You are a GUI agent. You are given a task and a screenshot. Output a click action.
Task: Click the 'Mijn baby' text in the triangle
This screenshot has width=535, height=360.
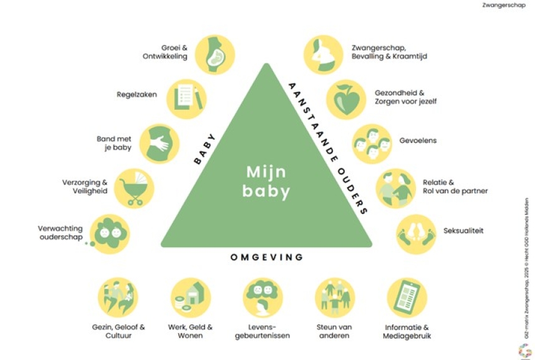coord(266,182)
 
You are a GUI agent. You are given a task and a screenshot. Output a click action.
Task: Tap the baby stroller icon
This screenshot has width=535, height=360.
coord(133,188)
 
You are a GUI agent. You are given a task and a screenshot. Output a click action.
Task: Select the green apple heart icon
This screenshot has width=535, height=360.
coord(346,100)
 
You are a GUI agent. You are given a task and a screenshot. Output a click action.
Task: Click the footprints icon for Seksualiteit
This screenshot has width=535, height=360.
coord(416,234)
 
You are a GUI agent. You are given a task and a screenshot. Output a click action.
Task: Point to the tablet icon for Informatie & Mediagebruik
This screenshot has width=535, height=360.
coord(407,298)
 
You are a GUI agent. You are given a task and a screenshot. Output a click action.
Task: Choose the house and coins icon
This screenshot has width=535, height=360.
coord(191,298)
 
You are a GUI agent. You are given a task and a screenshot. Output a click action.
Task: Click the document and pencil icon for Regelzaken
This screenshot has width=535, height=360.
coord(186,99)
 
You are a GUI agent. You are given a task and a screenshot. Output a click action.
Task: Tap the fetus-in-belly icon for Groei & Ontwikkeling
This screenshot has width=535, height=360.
coord(215,55)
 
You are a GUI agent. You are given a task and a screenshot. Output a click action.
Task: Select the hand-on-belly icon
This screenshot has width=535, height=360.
coord(160,144)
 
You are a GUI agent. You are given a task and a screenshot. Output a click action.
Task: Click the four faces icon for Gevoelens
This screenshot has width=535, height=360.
coord(372,144)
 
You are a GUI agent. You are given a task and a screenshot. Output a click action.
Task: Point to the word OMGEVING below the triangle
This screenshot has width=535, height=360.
coord(266,257)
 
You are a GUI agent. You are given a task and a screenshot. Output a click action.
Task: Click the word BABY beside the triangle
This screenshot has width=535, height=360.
coord(205,149)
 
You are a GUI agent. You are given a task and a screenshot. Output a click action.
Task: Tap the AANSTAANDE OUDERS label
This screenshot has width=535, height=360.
coord(328,148)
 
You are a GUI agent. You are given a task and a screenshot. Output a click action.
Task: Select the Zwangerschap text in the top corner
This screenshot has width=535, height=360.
coord(504,5)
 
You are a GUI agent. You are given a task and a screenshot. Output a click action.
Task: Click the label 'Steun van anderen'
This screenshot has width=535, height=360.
coord(334,331)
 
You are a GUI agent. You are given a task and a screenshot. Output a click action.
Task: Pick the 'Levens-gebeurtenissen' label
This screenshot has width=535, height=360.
coord(263,331)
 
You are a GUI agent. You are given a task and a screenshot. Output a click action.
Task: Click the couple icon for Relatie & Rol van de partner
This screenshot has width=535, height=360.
coord(396,188)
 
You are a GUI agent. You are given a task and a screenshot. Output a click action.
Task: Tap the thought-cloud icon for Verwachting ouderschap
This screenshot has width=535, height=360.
coord(109,234)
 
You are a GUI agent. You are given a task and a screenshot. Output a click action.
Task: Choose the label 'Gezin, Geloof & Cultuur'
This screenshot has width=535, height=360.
coord(118,331)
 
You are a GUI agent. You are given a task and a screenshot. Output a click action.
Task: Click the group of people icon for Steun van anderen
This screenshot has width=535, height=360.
coord(335,298)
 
